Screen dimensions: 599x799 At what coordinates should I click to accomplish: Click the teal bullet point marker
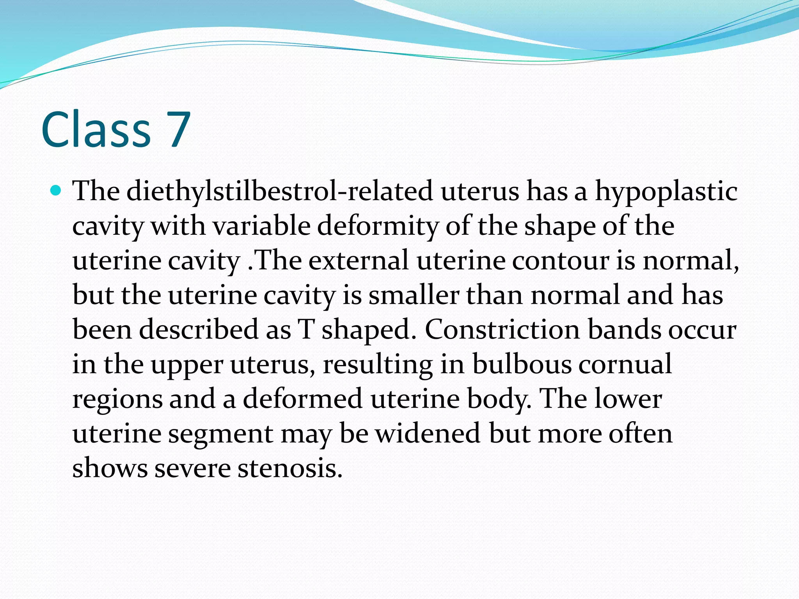click(x=56, y=191)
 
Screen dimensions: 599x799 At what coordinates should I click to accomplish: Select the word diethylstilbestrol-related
click(x=279, y=191)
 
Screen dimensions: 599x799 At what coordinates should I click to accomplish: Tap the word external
click(x=359, y=260)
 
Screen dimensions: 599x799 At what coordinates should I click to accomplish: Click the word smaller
click(x=413, y=295)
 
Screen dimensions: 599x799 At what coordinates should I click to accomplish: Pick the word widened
click(x=428, y=433)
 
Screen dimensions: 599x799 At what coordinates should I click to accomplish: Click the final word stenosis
click(x=290, y=468)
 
